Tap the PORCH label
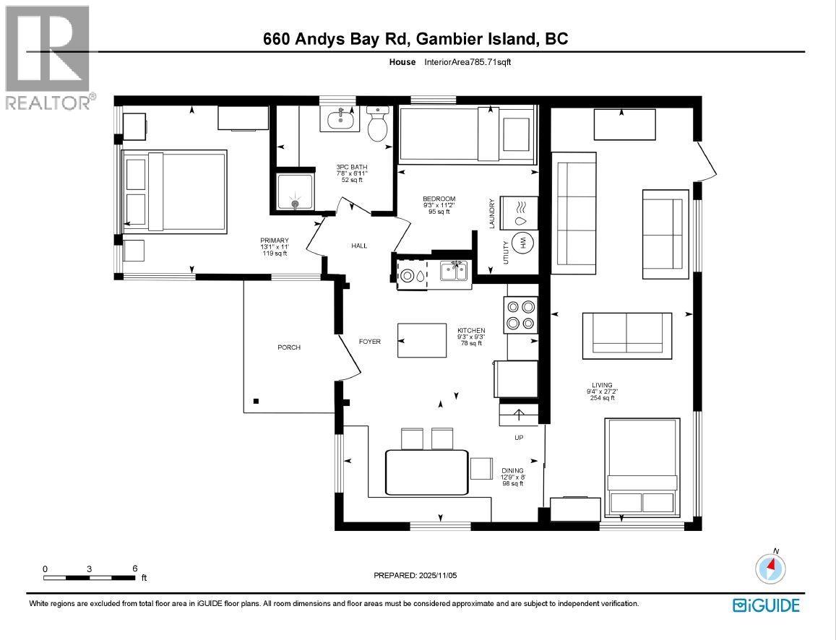tap(289, 347)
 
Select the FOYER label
tap(370, 342)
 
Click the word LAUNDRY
tap(491, 214)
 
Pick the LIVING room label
tap(601, 385)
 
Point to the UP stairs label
tap(519, 438)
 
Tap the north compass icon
tap(770, 568)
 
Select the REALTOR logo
tap(48, 58)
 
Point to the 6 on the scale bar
tap(135, 568)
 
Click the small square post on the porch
tap(256, 401)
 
